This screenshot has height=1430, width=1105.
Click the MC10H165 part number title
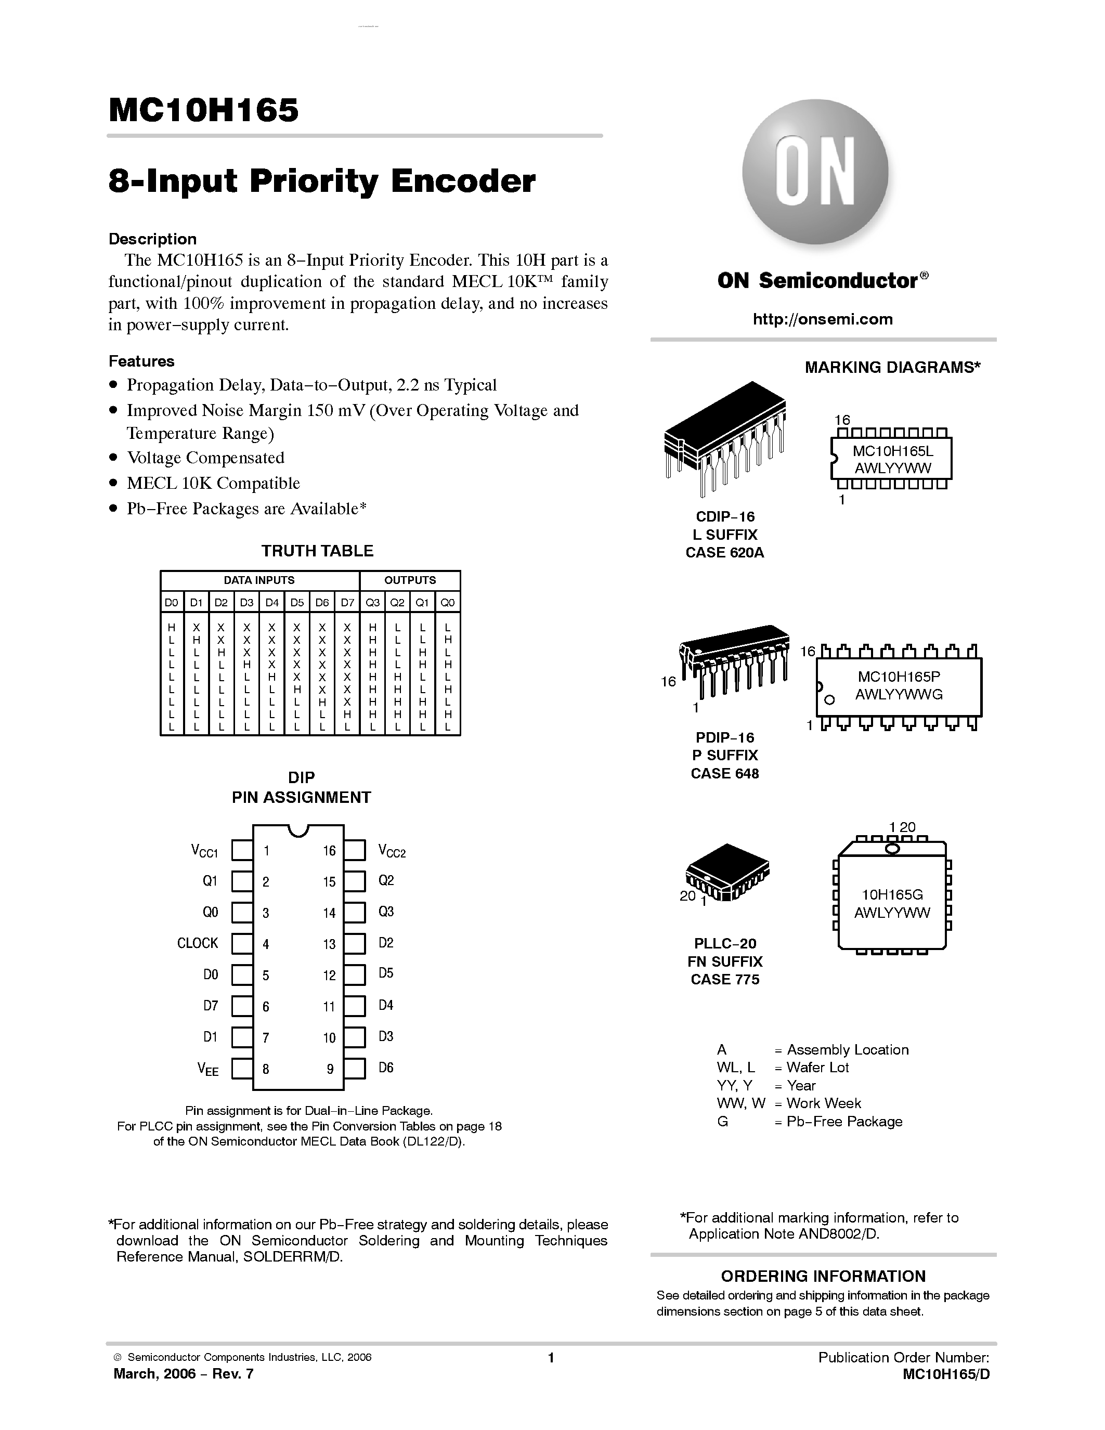pyautogui.click(x=203, y=110)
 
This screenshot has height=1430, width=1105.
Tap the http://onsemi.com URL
pyautogui.click(x=822, y=319)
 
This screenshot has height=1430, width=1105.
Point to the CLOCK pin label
pyautogui.click(x=197, y=943)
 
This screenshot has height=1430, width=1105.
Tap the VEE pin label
pyautogui.click(x=208, y=1070)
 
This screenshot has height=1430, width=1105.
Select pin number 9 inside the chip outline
pyautogui.click(x=330, y=1069)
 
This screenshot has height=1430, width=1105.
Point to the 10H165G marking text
pyautogui.click(x=892, y=894)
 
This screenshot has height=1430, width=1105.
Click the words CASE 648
pyautogui.click(x=725, y=773)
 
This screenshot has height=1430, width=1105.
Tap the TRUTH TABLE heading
pyautogui.click(x=318, y=551)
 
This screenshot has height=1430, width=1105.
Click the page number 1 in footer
pyautogui.click(x=551, y=1357)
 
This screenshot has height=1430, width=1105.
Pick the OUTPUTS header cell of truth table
pyautogui.click(x=410, y=580)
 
